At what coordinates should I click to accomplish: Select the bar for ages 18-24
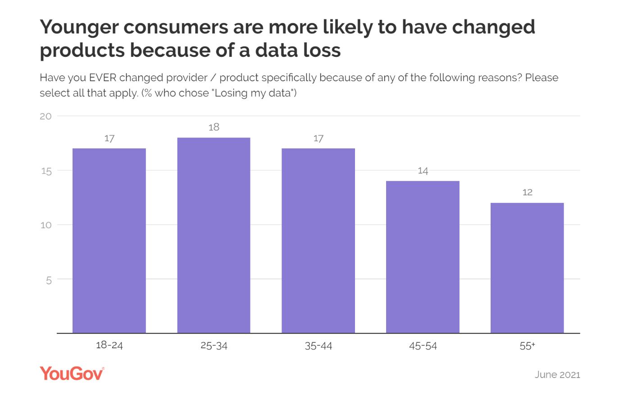tap(109, 241)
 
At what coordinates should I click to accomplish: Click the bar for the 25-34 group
tap(214, 235)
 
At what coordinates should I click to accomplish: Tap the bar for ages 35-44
tap(318, 241)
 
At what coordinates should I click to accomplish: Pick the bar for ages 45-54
tap(423, 257)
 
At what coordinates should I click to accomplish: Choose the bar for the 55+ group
tap(527, 268)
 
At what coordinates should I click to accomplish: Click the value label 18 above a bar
tap(214, 127)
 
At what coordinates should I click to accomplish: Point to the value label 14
tap(423, 171)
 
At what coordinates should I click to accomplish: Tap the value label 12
tap(527, 193)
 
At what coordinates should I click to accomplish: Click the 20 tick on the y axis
tap(46, 116)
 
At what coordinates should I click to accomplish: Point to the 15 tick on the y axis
tap(46, 171)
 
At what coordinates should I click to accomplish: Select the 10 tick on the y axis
tap(46, 225)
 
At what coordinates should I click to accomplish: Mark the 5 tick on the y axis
tap(49, 280)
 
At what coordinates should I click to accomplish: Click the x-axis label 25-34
tap(214, 346)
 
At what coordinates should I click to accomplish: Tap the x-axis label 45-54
tap(423, 346)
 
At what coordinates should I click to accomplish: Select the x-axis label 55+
tap(527, 346)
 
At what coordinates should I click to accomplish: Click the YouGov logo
tap(72, 373)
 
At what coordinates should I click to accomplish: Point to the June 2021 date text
tap(557, 375)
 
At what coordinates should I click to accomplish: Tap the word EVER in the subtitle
tap(103, 78)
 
